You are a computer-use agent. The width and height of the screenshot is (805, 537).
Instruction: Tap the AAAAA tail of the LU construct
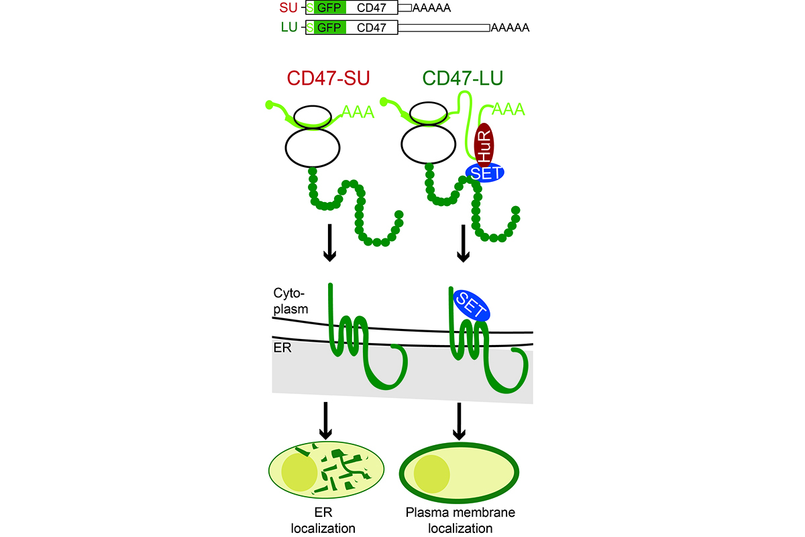click(x=510, y=28)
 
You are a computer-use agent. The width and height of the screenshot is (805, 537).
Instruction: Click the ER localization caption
click(x=323, y=521)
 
